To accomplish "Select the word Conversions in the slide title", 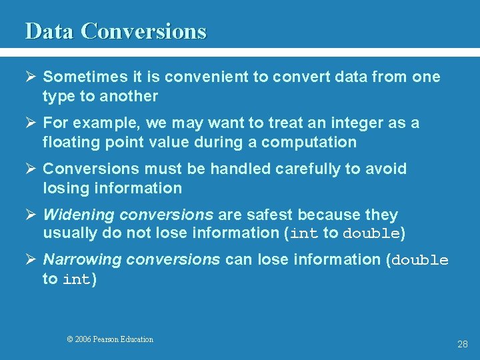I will (144, 31).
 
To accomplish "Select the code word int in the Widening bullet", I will (304, 234).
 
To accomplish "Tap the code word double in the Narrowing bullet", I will (420, 261).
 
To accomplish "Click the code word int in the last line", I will (77, 280).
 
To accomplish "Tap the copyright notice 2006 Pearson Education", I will (110, 339).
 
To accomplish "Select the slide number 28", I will (463, 345).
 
